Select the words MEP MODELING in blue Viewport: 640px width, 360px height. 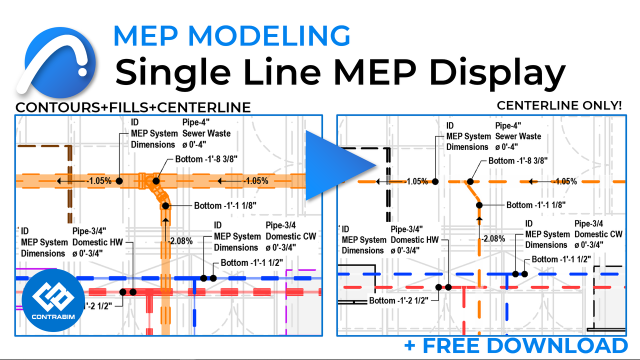(x=232, y=36)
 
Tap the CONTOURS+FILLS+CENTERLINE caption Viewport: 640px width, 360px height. (x=133, y=107)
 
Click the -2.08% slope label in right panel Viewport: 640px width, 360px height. (x=492, y=239)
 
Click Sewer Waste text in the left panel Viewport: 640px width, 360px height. (x=206, y=133)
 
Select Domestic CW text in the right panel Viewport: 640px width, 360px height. (x=598, y=234)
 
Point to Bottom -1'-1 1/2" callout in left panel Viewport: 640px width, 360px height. (x=252, y=263)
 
